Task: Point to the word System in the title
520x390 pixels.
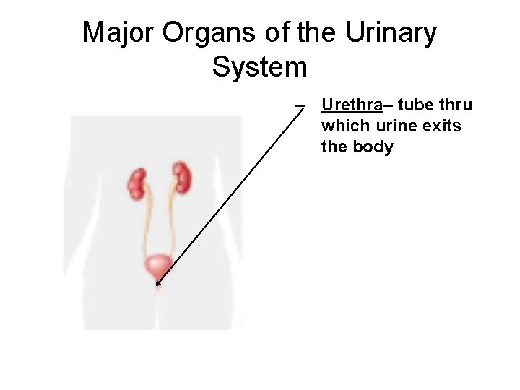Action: (x=260, y=67)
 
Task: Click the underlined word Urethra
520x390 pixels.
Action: (x=352, y=105)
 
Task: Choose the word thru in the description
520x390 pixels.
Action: (x=456, y=105)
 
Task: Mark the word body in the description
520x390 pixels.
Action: (x=373, y=147)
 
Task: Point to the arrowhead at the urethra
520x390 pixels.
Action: (x=157, y=284)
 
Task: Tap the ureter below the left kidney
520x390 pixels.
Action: (x=147, y=224)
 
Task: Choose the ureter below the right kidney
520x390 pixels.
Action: (x=171, y=224)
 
